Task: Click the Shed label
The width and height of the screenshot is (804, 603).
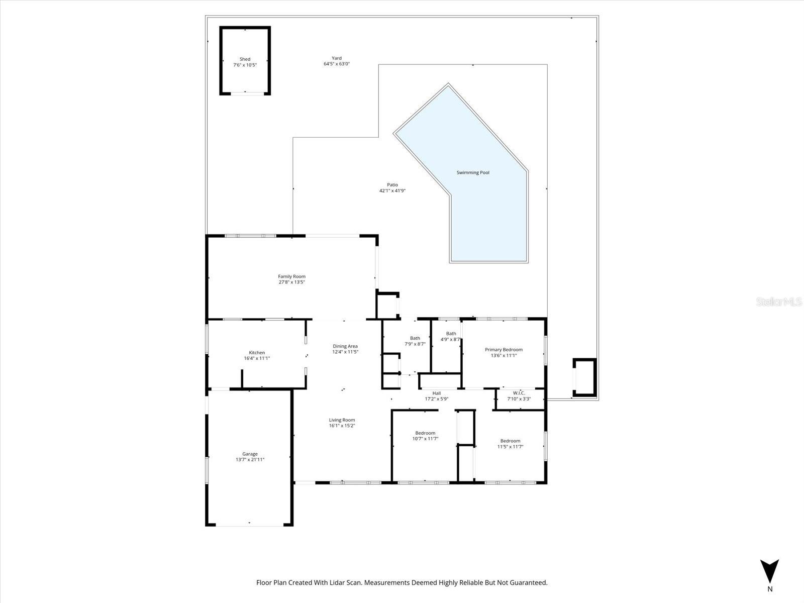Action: point(245,59)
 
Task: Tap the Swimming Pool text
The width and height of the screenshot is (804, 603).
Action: point(472,172)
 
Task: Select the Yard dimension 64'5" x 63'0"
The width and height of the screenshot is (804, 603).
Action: point(336,64)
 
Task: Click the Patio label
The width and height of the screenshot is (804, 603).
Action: point(392,185)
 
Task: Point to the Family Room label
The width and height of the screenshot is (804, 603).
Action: point(291,276)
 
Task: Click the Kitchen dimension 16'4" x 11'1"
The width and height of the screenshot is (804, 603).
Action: point(257,358)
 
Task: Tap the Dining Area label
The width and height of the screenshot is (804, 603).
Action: point(345,346)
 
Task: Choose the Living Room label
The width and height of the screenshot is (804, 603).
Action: point(342,420)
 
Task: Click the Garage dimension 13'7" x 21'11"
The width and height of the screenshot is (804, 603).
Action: point(250,460)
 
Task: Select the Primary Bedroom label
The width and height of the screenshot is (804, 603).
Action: point(504,350)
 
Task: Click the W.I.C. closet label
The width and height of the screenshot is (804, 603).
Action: point(519,393)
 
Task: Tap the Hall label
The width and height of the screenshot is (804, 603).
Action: point(436,393)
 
